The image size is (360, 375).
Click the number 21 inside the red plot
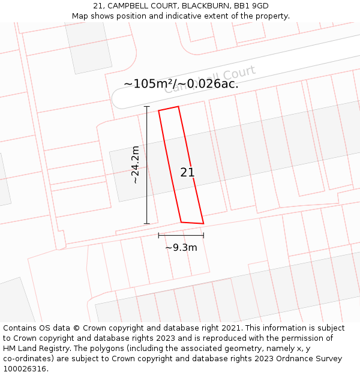(x=187, y=173)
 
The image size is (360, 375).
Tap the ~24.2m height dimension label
(x=136, y=164)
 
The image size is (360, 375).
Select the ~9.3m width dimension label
(x=181, y=247)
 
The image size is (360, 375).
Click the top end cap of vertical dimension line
(x=147, y=106)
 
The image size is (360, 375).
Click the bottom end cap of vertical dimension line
(x=147, y=224)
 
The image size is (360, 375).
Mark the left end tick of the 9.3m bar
(x=158, y=235)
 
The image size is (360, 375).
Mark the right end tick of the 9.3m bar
(x=203, y=235)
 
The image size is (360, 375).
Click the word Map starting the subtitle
(x=80, y=16)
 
